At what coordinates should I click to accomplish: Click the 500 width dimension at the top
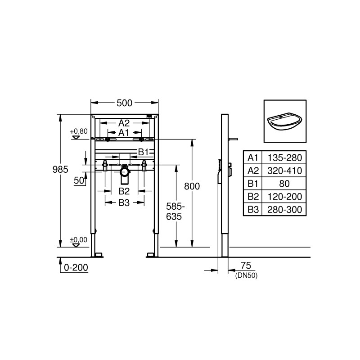click(124, 103)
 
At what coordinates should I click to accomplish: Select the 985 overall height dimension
click(60, 169)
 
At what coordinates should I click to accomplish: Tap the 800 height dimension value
click(192, 185)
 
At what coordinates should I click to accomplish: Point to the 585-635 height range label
click(175, 211)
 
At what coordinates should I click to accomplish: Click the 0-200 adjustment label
click(76, 267)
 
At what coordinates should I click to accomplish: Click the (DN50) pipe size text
click(246, 274)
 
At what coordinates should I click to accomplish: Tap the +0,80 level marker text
click(79, 131)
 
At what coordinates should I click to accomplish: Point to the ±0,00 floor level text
click(79, 239)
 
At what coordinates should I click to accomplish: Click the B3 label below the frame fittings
click(124, 203)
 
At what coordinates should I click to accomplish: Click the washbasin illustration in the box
click(284, 121)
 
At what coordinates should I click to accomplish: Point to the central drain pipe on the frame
click(125, 175)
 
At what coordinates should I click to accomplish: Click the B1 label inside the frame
click(143, 151)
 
